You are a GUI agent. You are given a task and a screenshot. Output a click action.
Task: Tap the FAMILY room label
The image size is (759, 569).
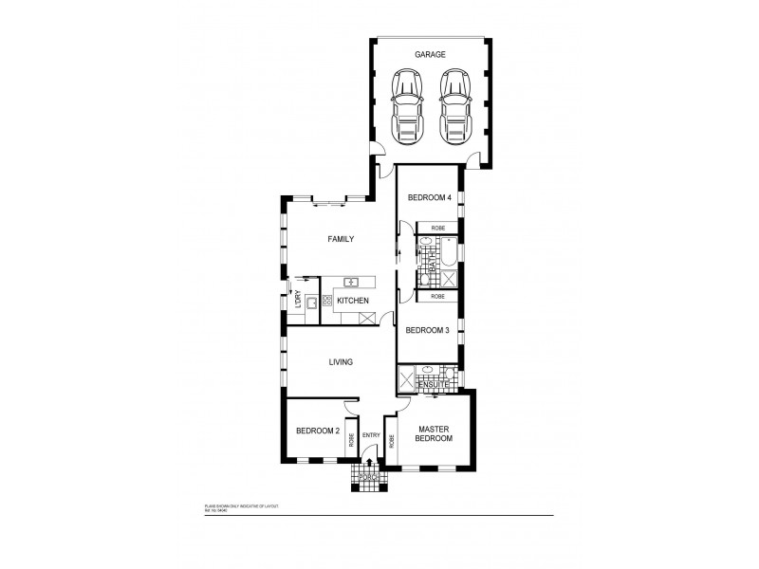[x=341, y=239]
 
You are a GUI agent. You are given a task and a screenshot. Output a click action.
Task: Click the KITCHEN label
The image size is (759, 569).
[x=353, y=302]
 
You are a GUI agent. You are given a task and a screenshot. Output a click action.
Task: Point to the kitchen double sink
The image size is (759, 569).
[x=351, y=282]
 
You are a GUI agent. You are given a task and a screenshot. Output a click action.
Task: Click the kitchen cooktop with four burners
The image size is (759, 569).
[x=328, y=302]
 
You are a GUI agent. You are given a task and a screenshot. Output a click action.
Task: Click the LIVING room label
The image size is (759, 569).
[x=341, y=362]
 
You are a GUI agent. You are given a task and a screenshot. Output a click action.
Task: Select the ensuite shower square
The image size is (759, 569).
[x=409, y=378]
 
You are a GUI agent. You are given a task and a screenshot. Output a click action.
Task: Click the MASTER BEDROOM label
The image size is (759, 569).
[x=434, y=433]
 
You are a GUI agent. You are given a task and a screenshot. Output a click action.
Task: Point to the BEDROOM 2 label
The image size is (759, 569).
[x=317, y=431]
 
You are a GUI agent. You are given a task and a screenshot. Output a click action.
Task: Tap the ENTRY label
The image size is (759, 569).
[x=371, y=436]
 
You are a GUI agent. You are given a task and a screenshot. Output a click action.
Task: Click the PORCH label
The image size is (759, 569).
[x=370, y=476]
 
